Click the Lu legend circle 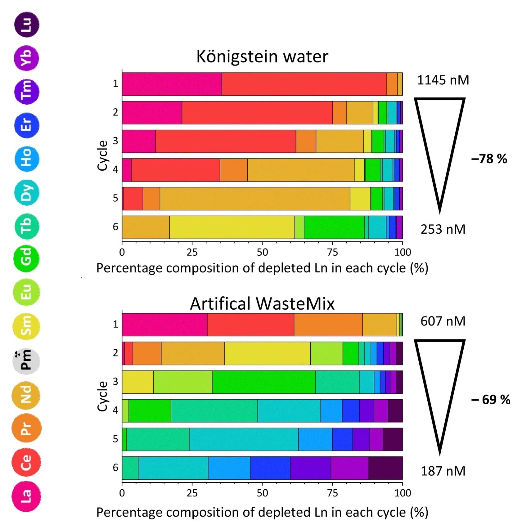pos(27,25)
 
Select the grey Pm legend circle pos(26,361)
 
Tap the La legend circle pos(26,496)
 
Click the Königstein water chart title pos(262,57)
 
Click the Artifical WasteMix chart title pos(262,303)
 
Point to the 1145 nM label pos(443,80)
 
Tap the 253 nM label pos(443,230)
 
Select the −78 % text pos(489,159)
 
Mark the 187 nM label pos(443,471)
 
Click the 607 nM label pos(443,321)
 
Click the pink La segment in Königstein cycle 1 pos(172,84)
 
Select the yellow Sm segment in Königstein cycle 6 pos(232,227)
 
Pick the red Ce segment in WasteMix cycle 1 pos(250,325)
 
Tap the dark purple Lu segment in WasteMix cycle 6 pos(385,468)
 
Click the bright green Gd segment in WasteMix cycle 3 pos(264,382)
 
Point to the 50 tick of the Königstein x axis pos(262,252)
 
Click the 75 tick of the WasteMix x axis pos(332,493)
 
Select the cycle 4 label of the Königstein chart pos(115,169)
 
